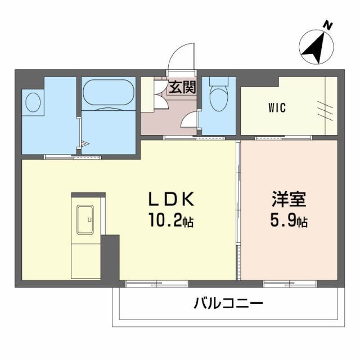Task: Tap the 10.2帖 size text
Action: pyautogui.click(x=172, y=220)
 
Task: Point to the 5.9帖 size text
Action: pyautogui.click(x=289, y=221)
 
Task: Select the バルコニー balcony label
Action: pyautogui.click(x=228, y=304)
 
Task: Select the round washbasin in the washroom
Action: pyautogui.click(x=33, y=102)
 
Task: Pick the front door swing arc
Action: pyautogui.click(x=181, y=58)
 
